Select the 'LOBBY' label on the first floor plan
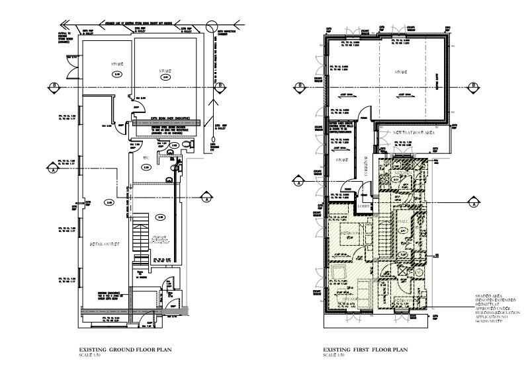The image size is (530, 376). pos(365,206)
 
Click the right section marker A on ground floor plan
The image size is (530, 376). pos(206,198)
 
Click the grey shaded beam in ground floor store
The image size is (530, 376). pos(166,123)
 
